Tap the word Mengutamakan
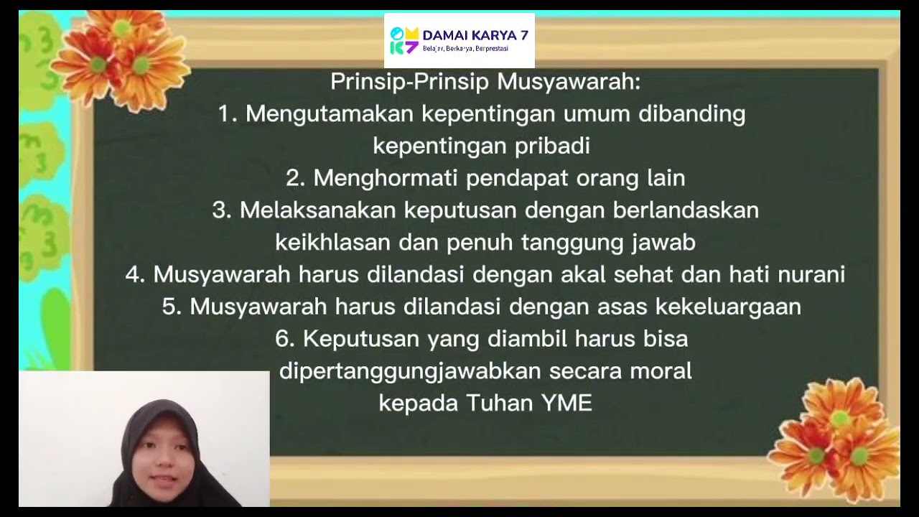point(329,114)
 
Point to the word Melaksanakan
point(317,210)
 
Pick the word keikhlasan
point(332,243)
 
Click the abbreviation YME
point(566,403)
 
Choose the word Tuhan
point(499,403)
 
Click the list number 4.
point(135,274)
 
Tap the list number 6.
point(284,339)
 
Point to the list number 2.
point(294,178)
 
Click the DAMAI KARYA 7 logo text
point(475,35)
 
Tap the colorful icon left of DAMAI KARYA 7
point(403,41)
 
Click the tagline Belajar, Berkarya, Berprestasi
point(465,49)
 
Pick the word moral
point(661,371)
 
